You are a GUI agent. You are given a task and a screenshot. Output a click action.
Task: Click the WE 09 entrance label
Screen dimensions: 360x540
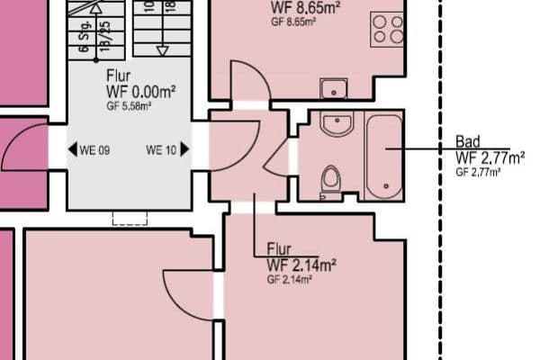tap(94, 150)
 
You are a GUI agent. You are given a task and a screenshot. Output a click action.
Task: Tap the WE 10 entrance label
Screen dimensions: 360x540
tap(161, 150)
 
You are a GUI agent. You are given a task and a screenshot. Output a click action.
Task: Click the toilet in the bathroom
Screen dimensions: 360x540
tap(331, 178)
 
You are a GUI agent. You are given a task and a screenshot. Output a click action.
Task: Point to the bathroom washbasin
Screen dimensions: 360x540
tap(337, 124)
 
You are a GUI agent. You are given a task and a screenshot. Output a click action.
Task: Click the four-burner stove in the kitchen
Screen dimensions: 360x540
tap(388, 29)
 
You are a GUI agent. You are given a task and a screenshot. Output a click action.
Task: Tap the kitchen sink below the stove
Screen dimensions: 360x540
tap(334, 88)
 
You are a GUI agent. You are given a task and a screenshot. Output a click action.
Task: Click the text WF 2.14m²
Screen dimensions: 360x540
tap(301, 265)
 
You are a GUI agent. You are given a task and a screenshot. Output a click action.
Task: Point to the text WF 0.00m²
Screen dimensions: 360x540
tap(141, 92)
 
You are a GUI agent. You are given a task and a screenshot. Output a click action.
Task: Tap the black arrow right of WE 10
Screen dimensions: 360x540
tap(184, 150)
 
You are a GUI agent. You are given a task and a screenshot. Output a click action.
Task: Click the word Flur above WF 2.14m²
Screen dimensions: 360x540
tap(280, 249)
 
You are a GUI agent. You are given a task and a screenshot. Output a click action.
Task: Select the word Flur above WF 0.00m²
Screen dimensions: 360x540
tap(119, 76)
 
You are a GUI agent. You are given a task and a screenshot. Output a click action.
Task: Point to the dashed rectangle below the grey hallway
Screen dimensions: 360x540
tap(130, 218)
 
